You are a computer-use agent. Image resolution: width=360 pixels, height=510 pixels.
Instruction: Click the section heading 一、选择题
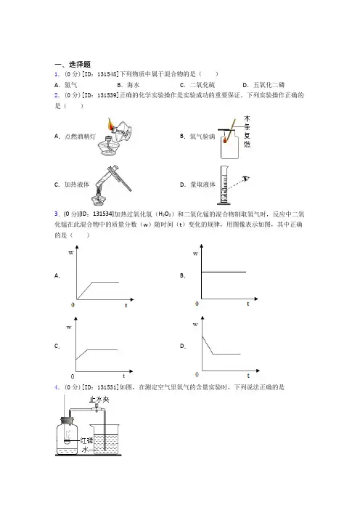(x=73, y=65)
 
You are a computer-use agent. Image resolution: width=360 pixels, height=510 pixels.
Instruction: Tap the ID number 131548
(x=107, y=74)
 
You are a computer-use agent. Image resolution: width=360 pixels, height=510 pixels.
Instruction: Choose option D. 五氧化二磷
(x=263, y=85)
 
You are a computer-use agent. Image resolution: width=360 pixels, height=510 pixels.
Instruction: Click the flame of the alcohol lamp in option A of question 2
(x=110, y=124)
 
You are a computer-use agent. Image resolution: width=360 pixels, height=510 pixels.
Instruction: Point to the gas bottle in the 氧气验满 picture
(x=229, y=145)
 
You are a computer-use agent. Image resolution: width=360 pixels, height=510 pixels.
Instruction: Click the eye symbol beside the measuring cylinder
(x=246, y=178)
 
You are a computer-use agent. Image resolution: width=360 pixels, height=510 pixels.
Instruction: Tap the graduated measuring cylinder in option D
(x=224, y=185)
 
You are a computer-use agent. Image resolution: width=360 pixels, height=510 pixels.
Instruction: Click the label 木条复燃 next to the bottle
(x=247, y=131)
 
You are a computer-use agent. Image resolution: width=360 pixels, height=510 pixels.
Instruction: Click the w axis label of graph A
(x=71, y=253)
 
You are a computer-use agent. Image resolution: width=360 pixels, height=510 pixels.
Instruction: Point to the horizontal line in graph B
(x=224, y=272)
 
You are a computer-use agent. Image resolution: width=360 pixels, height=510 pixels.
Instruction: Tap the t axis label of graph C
(x=124, y=376)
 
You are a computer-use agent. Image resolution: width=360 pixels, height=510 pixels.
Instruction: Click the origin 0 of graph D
(x=197, y=375)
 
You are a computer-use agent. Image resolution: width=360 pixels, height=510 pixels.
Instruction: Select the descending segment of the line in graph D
(x=208, y=345)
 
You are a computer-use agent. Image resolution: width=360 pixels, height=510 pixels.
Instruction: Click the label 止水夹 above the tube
(x=99, y=399)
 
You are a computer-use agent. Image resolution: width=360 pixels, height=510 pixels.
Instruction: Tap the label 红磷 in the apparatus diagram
(x=86, y=441)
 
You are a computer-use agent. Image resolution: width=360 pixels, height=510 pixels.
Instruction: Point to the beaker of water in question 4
(x=105, y=438)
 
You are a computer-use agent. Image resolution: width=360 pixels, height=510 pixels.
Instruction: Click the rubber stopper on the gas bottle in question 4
(x=67, y=421)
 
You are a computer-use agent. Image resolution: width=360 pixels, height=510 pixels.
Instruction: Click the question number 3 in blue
(x=57, y=214)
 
